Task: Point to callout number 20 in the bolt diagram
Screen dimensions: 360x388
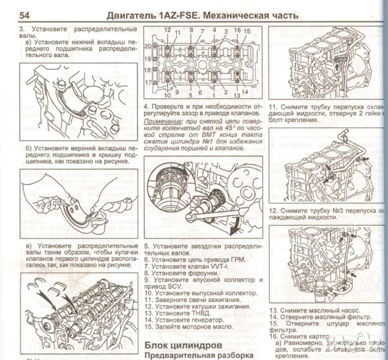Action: [148, 46]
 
